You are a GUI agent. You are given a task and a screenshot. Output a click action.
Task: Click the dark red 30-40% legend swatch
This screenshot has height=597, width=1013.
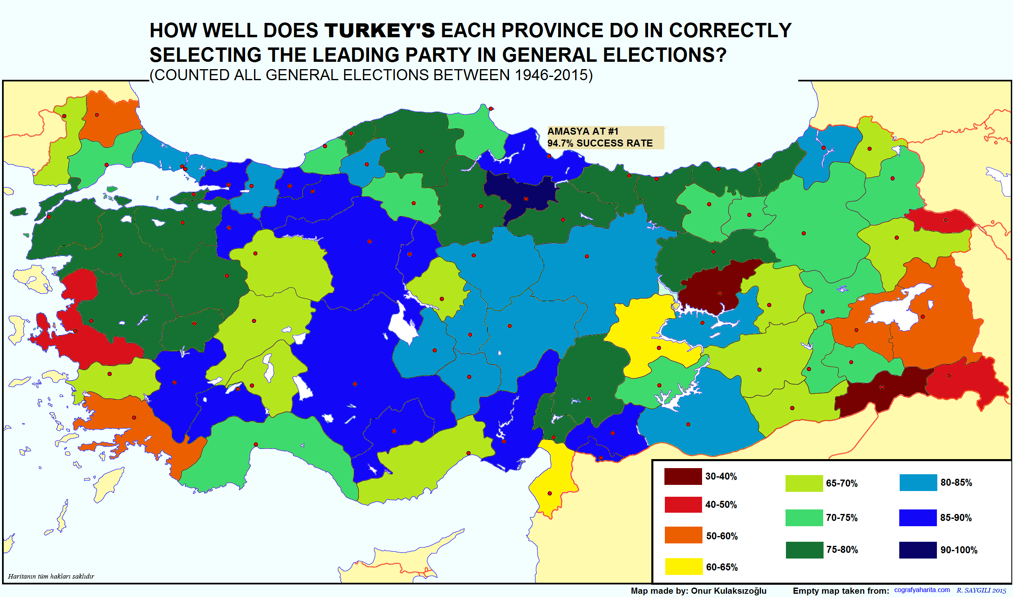pos(683,476)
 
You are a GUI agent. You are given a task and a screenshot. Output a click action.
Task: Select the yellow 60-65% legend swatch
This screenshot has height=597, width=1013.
pos(684,567)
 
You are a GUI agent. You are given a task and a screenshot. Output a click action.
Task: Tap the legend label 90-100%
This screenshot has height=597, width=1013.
pos(959,550)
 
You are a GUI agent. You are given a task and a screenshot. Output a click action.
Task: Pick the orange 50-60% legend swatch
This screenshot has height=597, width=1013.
pos(683,535)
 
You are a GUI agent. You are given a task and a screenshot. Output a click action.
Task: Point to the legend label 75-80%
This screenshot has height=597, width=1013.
pos(842,550)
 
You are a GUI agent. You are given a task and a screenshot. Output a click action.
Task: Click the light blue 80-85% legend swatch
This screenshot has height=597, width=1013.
pos(918,482)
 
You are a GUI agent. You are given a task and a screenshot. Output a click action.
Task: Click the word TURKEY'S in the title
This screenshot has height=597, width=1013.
pos(380,31)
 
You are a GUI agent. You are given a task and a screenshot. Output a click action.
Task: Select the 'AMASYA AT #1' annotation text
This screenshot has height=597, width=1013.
pos(583,131)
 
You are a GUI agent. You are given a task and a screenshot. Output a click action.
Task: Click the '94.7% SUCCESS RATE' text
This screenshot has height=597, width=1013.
pos(600,143)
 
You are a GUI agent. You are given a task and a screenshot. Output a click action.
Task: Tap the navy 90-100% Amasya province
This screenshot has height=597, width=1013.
pos(522,192)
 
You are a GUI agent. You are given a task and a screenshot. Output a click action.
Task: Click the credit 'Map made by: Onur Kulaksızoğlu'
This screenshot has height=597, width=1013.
pos(698,591)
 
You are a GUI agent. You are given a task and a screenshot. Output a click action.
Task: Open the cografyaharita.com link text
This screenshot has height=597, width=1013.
pos(922,590)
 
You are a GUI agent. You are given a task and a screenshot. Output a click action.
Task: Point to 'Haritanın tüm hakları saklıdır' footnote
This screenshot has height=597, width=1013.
pos(51,576)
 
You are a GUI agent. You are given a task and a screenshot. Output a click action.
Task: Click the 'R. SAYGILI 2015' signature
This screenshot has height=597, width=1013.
pos(981,590)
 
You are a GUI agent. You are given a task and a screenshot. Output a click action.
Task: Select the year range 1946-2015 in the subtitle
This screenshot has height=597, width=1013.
pos(551,75)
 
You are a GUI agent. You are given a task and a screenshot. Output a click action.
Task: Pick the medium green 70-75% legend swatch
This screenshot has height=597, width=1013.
pos(804,518)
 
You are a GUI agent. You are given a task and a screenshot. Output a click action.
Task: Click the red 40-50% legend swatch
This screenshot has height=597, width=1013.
pos(683,505)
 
